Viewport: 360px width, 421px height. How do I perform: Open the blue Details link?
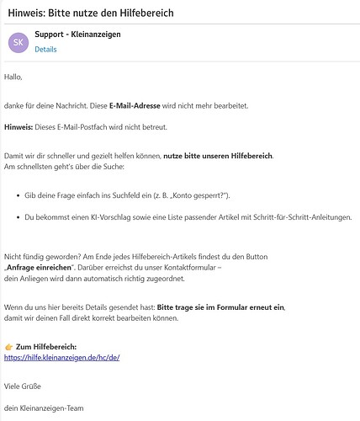tap(45, 50)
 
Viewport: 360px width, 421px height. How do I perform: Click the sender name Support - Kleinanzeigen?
tap(78, 35)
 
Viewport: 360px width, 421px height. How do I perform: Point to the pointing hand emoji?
tap(8, 346)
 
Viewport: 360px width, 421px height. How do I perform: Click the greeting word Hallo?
tap(13, 77)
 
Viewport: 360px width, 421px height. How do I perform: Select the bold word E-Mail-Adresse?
tap(135, 105)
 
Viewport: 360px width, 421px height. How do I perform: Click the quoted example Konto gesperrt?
tap(199, 195)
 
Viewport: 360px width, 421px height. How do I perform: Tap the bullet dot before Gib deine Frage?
tap(19, 195)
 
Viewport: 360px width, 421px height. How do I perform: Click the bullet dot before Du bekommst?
tap(19, 217)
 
